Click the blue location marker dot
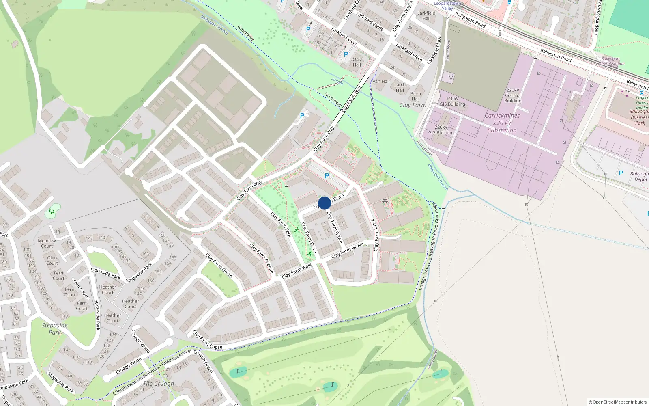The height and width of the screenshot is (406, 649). pyautogui.click(x=324, y=203)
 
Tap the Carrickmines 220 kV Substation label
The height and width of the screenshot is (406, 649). pyautogui.click(x=502, y=123)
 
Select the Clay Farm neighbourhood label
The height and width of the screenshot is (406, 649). pyautogui.click(x=413, y=105)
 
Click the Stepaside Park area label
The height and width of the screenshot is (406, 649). pyautogui.click(x=55, y=329)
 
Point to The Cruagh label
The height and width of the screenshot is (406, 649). pyautogui.click(x=159, y=383)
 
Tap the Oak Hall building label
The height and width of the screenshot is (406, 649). pyautogui.click(x=357, y=62)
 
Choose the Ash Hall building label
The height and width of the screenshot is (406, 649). pyautogui.click(x=381, y=81)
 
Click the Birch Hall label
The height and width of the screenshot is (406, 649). pyautogui.click(x=416, y=96)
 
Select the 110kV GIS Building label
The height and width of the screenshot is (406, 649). pyautogui.click(x=452, y=101)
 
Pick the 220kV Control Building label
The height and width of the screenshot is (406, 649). pyautogui.click(x=513, y=95)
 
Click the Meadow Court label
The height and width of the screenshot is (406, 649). pyautogui.click(x=47, y=243)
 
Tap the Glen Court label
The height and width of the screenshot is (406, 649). pyautogui.click(x=52, y=261)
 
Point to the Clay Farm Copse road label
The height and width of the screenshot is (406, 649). pyautogui.click(x=207, y=340)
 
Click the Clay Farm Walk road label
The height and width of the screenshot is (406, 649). pyautogui.click(x=297, y=271)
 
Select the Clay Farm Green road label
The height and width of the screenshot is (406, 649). pyautogui.click(x=219, y=266)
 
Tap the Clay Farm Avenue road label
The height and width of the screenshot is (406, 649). pyautogui.click(x=261, y=258)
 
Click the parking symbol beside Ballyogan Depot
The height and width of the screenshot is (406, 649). pyautogui.click(x=621, y=173)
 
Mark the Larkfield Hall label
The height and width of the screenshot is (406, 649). pyautogui.click(x=426, y=15)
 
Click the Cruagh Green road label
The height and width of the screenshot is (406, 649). pyautogui.click(x=203, y=361)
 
